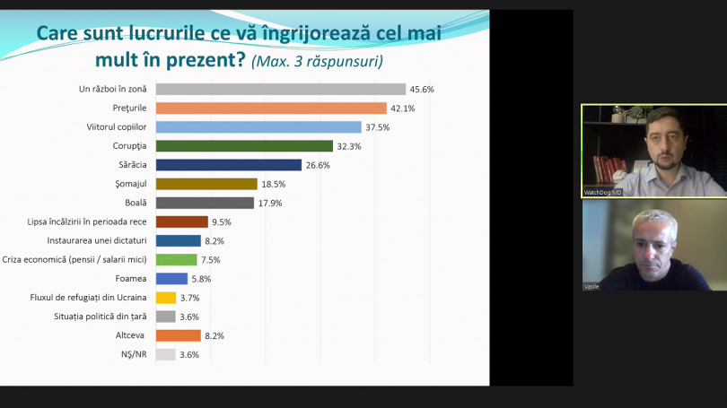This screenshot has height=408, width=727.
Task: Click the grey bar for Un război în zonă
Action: pos(281,89)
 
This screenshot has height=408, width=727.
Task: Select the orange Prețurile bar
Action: pos(271,108)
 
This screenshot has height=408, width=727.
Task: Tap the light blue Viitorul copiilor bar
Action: pos(258,127)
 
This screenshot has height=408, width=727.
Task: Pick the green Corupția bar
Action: pos(244,146)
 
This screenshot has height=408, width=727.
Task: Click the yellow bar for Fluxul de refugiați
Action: pos(166,298)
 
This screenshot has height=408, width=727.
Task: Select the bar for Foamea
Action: pos(171,279)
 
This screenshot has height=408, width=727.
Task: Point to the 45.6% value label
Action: pos(422,90)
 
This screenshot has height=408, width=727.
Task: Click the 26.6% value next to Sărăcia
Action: pos(318,165)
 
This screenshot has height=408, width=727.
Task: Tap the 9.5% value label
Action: pos(222,222)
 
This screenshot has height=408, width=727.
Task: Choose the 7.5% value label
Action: pos(211,260)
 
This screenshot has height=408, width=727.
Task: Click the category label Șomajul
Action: pos(131,184)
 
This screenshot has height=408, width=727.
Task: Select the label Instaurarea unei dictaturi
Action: pos(97,241)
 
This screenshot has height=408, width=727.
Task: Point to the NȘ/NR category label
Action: pos(134,354)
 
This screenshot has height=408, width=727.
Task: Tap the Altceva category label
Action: pos(130,335)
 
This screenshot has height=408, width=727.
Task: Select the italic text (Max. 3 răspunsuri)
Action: pos(317,61)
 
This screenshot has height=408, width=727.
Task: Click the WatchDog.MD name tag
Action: pos(602,192)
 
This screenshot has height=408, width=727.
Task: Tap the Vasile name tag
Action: pos(591,287)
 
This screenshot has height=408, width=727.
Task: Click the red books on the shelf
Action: pos(609,169)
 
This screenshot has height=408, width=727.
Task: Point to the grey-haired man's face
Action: pos(654,247)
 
